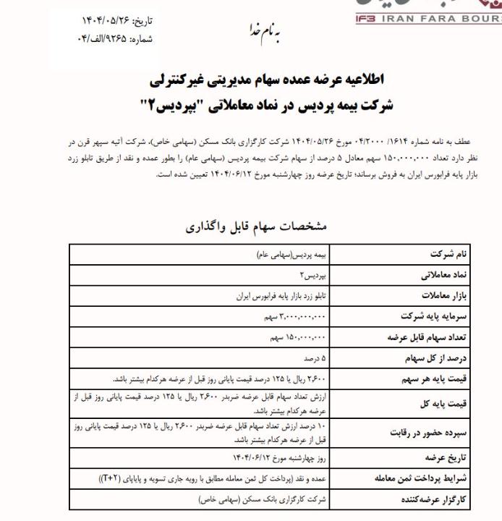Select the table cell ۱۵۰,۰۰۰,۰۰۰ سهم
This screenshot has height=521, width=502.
click(x=297, y=337)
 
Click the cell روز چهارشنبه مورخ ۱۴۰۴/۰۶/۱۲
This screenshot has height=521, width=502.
click(x=278, y=458)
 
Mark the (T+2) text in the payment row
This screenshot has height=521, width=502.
click(x=111, y=478)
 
